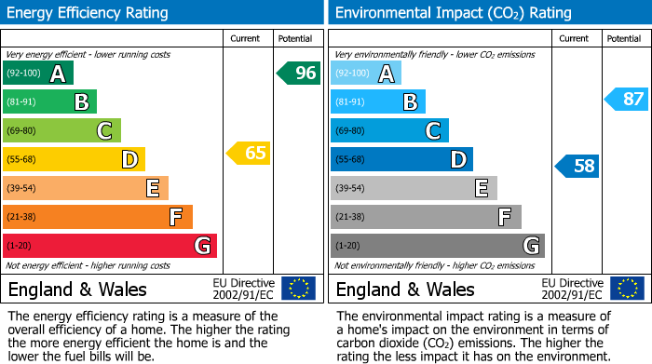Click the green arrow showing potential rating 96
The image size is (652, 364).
coord(298,73)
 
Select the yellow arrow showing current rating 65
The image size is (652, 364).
coord(250,154)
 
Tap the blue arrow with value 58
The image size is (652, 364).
coord(577,167)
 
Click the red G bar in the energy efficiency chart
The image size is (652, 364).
coord(109,246)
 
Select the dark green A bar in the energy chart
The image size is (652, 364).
coord(37,74)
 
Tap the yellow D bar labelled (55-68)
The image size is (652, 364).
coord(73,160)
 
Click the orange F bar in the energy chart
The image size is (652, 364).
coord(97,217)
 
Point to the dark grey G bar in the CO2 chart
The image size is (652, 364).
coord(437,246)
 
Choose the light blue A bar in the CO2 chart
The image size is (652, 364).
coord(365,74)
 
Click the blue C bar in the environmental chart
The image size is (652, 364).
coord(388,131)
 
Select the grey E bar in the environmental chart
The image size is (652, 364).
coord(413,189)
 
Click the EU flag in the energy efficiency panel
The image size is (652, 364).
coord(298,288)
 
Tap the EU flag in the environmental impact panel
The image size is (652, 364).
coord(626,288)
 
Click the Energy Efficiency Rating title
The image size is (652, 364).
coord(88,13)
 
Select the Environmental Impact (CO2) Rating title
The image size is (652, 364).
coord(453,13)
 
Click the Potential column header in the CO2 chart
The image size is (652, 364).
coord(623,38)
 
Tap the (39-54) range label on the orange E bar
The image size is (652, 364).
coord(22,189)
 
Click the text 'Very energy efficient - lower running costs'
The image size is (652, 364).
coord(88,56)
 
